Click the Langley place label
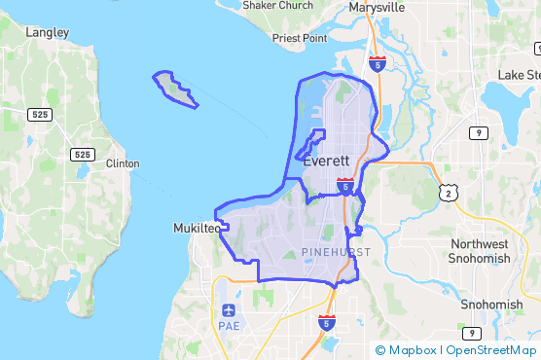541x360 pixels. point(48,32)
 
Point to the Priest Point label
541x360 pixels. point(301,38)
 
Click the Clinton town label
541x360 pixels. point(123,163)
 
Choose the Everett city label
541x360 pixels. point(326,162)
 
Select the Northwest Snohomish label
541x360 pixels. point(479,251)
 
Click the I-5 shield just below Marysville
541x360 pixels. point(378,63)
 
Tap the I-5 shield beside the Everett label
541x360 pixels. point(344,185)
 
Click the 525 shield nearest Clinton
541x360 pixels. point(82,155)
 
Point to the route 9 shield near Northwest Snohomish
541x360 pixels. point(479,132)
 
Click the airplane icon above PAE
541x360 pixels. point(229,310)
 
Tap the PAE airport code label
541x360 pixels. point(229,327)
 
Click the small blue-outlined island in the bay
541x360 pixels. point(175,89)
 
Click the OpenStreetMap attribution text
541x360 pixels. point(492,349)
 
